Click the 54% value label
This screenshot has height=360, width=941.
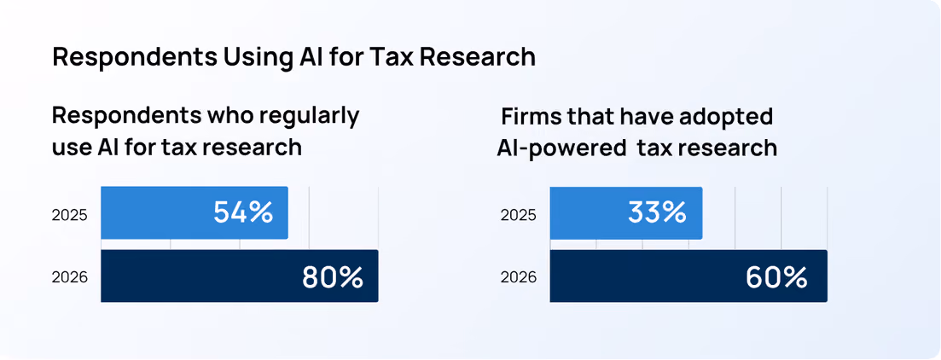pyautogui.click(x=243, y=212)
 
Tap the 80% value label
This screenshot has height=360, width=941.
pyautogui.click(x=333, y=277)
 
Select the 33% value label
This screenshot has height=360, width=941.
pyautogui.click(x=657, y=212)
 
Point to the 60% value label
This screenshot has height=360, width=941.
pyautogui.click(x=776, y=277)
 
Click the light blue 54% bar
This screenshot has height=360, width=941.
pyautogui.click(x=195, y=212)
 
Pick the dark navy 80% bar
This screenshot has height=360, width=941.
pyautogui.click(x=240, y=276)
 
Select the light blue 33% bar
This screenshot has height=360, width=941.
pyautogui.click(x=626, y=212)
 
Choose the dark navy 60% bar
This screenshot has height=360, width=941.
pyautogui.click(x=688, y=276)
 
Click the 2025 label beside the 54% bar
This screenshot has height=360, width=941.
pyautogui.click(x=70, y=215)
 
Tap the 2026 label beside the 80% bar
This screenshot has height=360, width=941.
pyautogui.click(x=70, y=278)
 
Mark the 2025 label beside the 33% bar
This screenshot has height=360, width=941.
pyautogui.click(x=519, y=215)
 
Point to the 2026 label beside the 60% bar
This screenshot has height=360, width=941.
pyautogui.click(x=519, y=278)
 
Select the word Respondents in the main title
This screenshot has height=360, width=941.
pyautogui.click(x=135, y=58)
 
